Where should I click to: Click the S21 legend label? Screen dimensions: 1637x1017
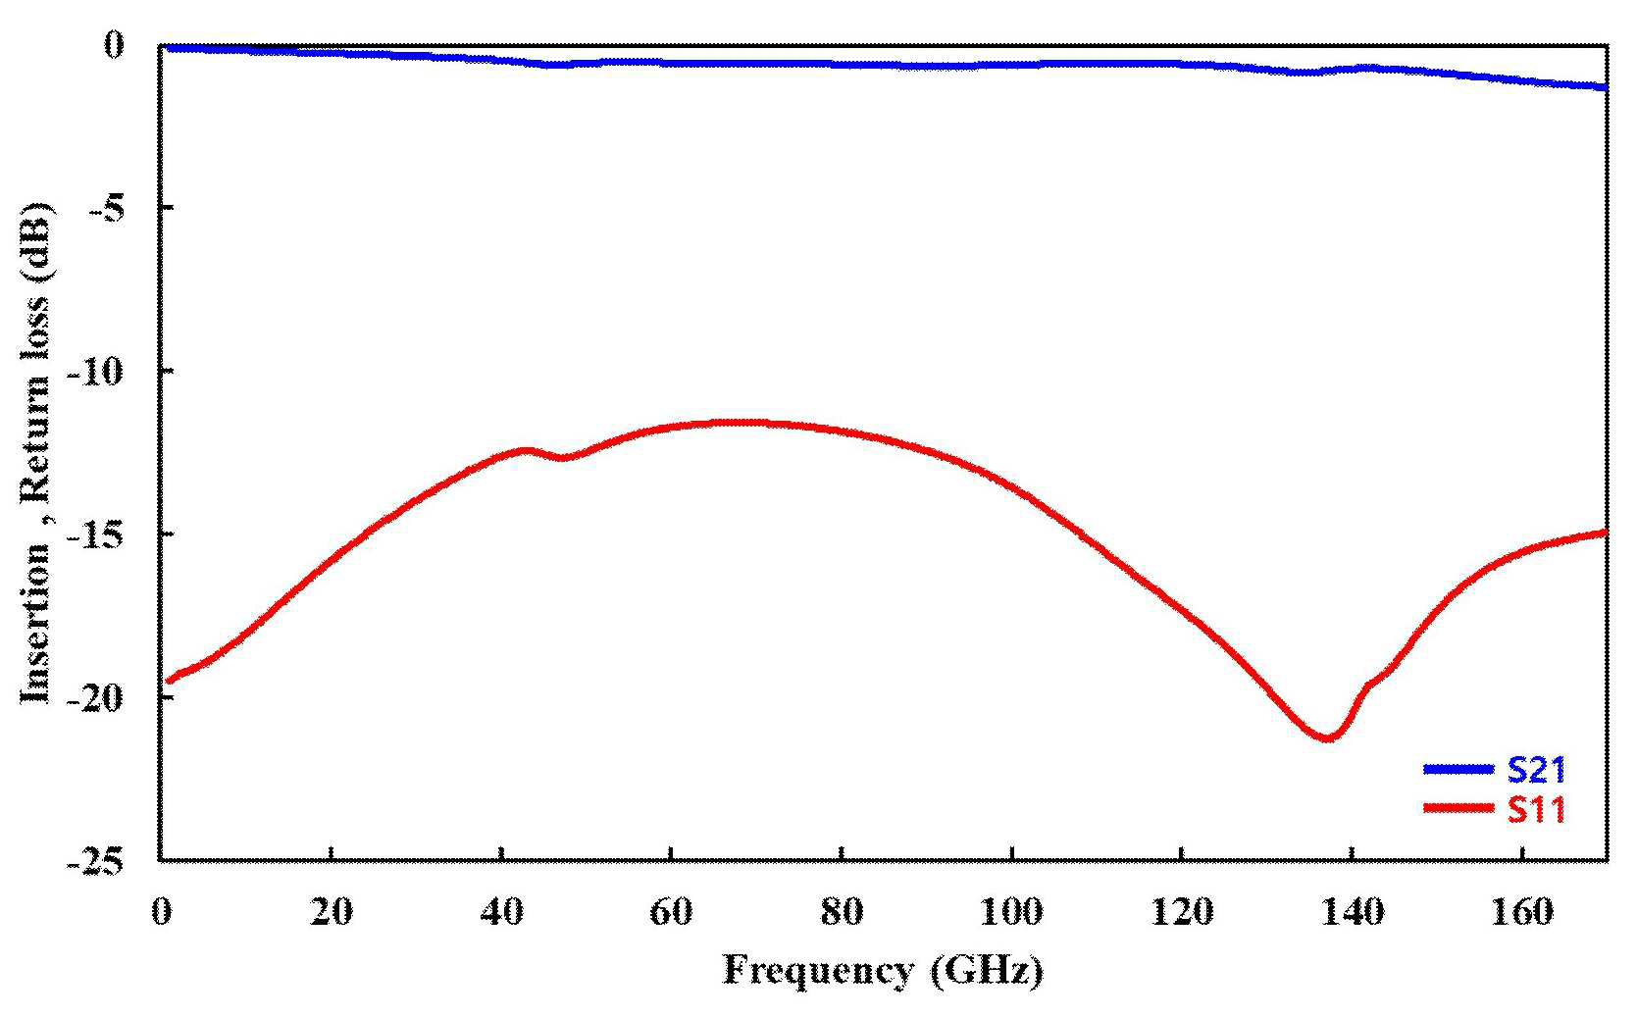(x=1536, y=769)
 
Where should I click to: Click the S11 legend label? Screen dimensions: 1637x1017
(x=1536, y=809)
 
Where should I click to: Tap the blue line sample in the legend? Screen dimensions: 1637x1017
(x=1458, y=769)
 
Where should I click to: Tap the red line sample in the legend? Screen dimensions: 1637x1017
(x=1458, y=807)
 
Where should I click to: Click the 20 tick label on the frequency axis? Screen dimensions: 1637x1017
(x=332, y=911)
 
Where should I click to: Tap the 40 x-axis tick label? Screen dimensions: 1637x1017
(x=502, y=911)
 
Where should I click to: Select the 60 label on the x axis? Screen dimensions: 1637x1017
(x=671, y=911)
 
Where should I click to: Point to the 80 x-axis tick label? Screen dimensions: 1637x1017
(x=842, y=911)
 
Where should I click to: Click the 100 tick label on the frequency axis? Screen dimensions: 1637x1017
(x=1011, y=911)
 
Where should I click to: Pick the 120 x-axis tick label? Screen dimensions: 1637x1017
(x=1182, y=911)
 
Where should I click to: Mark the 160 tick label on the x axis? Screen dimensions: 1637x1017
(x=1521, y=911)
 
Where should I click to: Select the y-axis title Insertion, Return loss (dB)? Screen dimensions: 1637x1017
(x=36, y=453)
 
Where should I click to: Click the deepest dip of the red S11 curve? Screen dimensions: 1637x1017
(x=1326, y=737)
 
